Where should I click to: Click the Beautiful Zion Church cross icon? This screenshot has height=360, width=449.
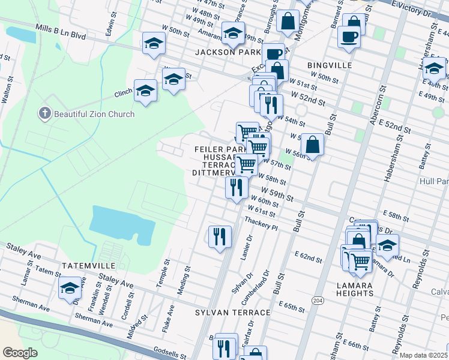(x=44, y=113)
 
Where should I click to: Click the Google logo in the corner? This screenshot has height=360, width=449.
(x=20, y=353)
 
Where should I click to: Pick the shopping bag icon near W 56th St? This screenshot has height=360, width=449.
(x=312, y=144)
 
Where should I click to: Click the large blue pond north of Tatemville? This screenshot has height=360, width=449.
(x=120, y=226)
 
